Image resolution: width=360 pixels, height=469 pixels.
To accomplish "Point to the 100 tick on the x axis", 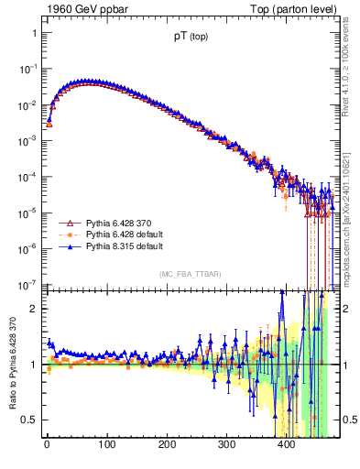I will click(x=106, y=446).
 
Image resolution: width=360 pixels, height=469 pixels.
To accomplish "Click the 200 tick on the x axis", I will click(x=167, y=446).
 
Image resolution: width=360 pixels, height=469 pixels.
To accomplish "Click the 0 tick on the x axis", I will click(x=47, y=446).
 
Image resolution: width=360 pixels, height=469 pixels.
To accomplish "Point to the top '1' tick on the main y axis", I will click(x=33, y=33).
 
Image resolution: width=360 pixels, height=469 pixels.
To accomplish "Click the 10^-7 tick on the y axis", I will click(x=27, y=284).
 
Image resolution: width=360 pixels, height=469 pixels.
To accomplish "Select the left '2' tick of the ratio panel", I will click(x=33, y=309).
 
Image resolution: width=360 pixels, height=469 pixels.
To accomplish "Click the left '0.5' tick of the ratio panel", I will click(x=29, y=420).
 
